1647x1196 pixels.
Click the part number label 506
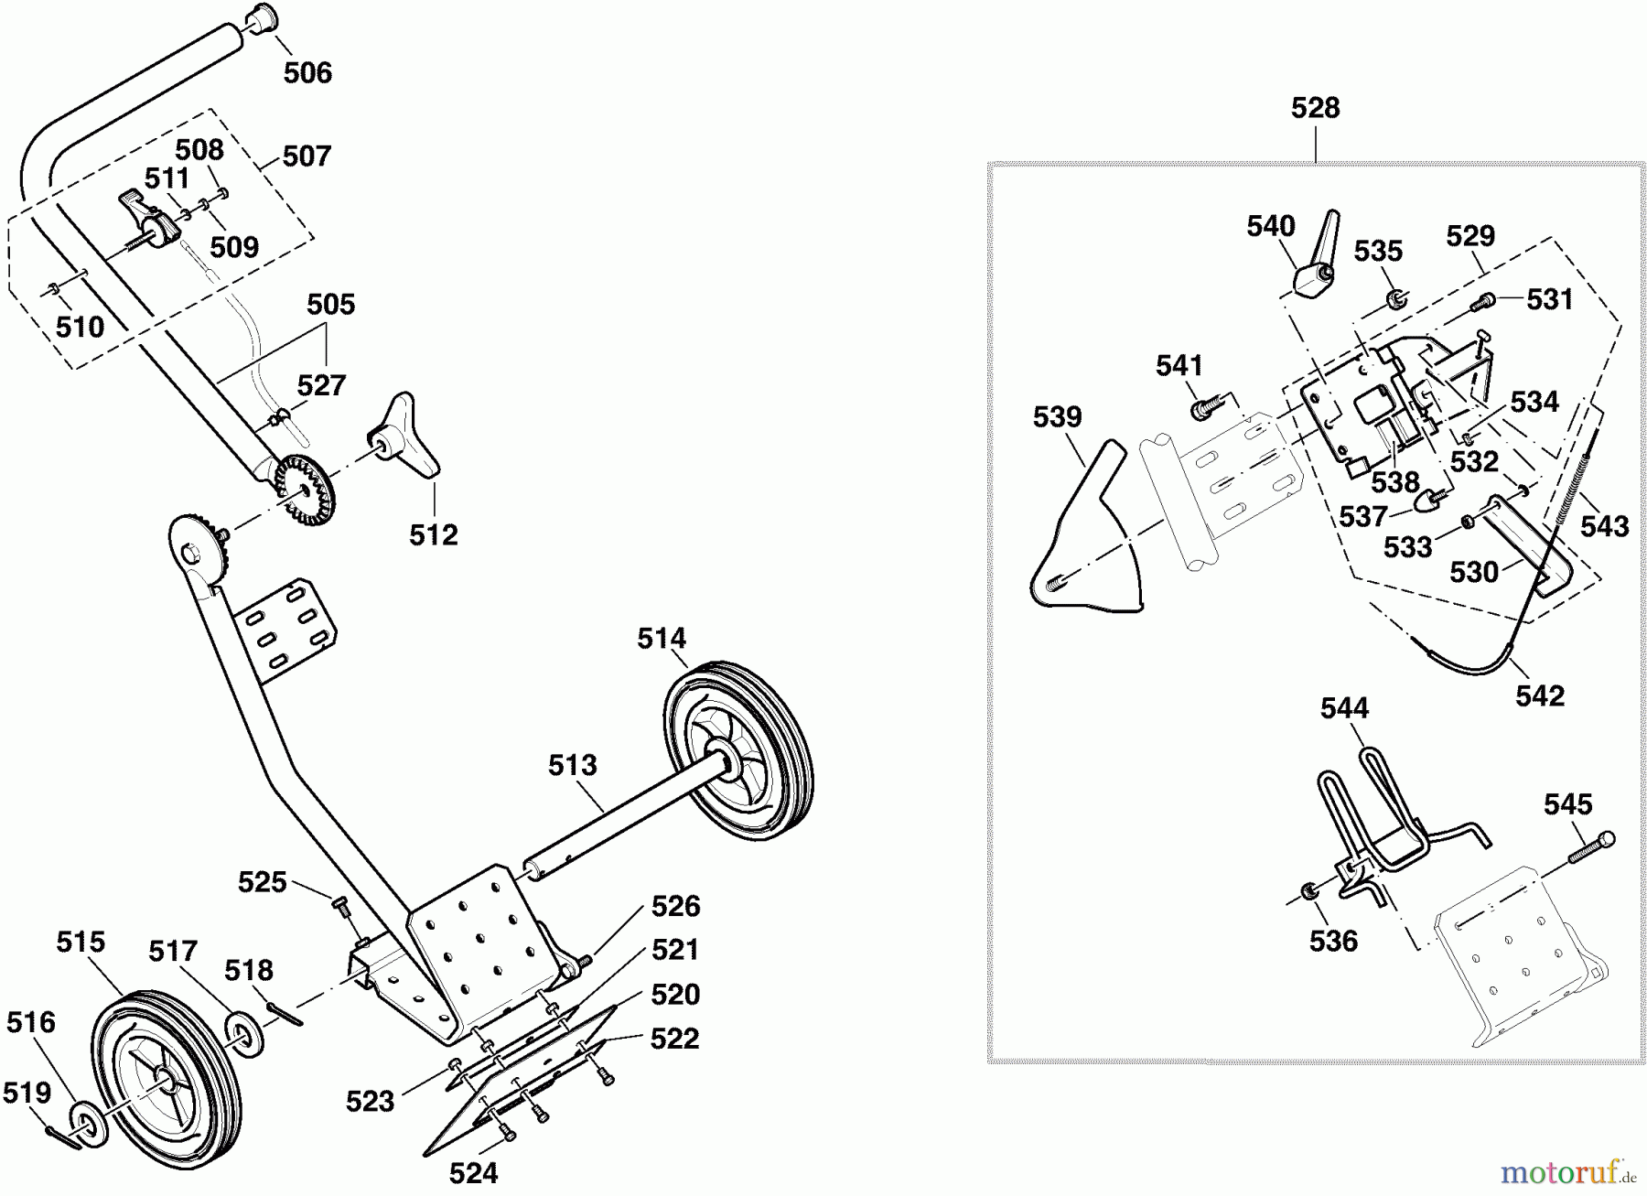point(307,72)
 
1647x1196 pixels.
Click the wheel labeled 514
point(738,749)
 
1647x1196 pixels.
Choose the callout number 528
point(1315,108)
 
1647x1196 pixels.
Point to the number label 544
point(1344,707)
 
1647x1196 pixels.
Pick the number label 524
point(473,1172)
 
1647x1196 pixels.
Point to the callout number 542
point(1540,695)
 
